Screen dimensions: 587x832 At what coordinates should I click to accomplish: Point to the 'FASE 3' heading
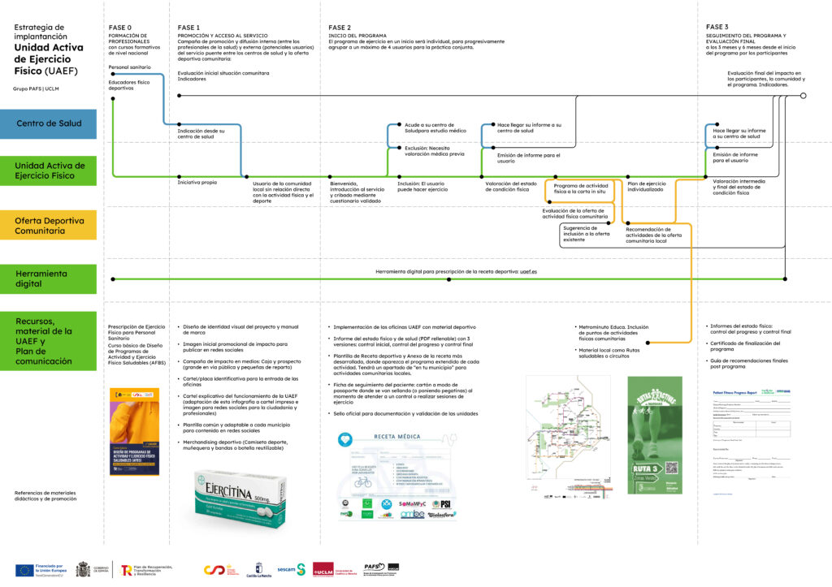717,27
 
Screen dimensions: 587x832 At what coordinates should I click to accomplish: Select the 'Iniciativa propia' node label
197,183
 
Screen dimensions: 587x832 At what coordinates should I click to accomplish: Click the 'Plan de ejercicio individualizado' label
646,186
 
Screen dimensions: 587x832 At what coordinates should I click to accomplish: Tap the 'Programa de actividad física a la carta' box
582,189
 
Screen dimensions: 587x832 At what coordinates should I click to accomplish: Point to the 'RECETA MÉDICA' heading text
397,436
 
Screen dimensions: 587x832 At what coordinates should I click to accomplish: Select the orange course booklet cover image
135,431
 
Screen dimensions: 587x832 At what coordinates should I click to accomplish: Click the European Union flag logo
24,570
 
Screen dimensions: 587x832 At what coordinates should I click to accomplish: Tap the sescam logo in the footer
289,569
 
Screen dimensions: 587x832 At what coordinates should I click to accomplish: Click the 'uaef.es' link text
530,271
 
